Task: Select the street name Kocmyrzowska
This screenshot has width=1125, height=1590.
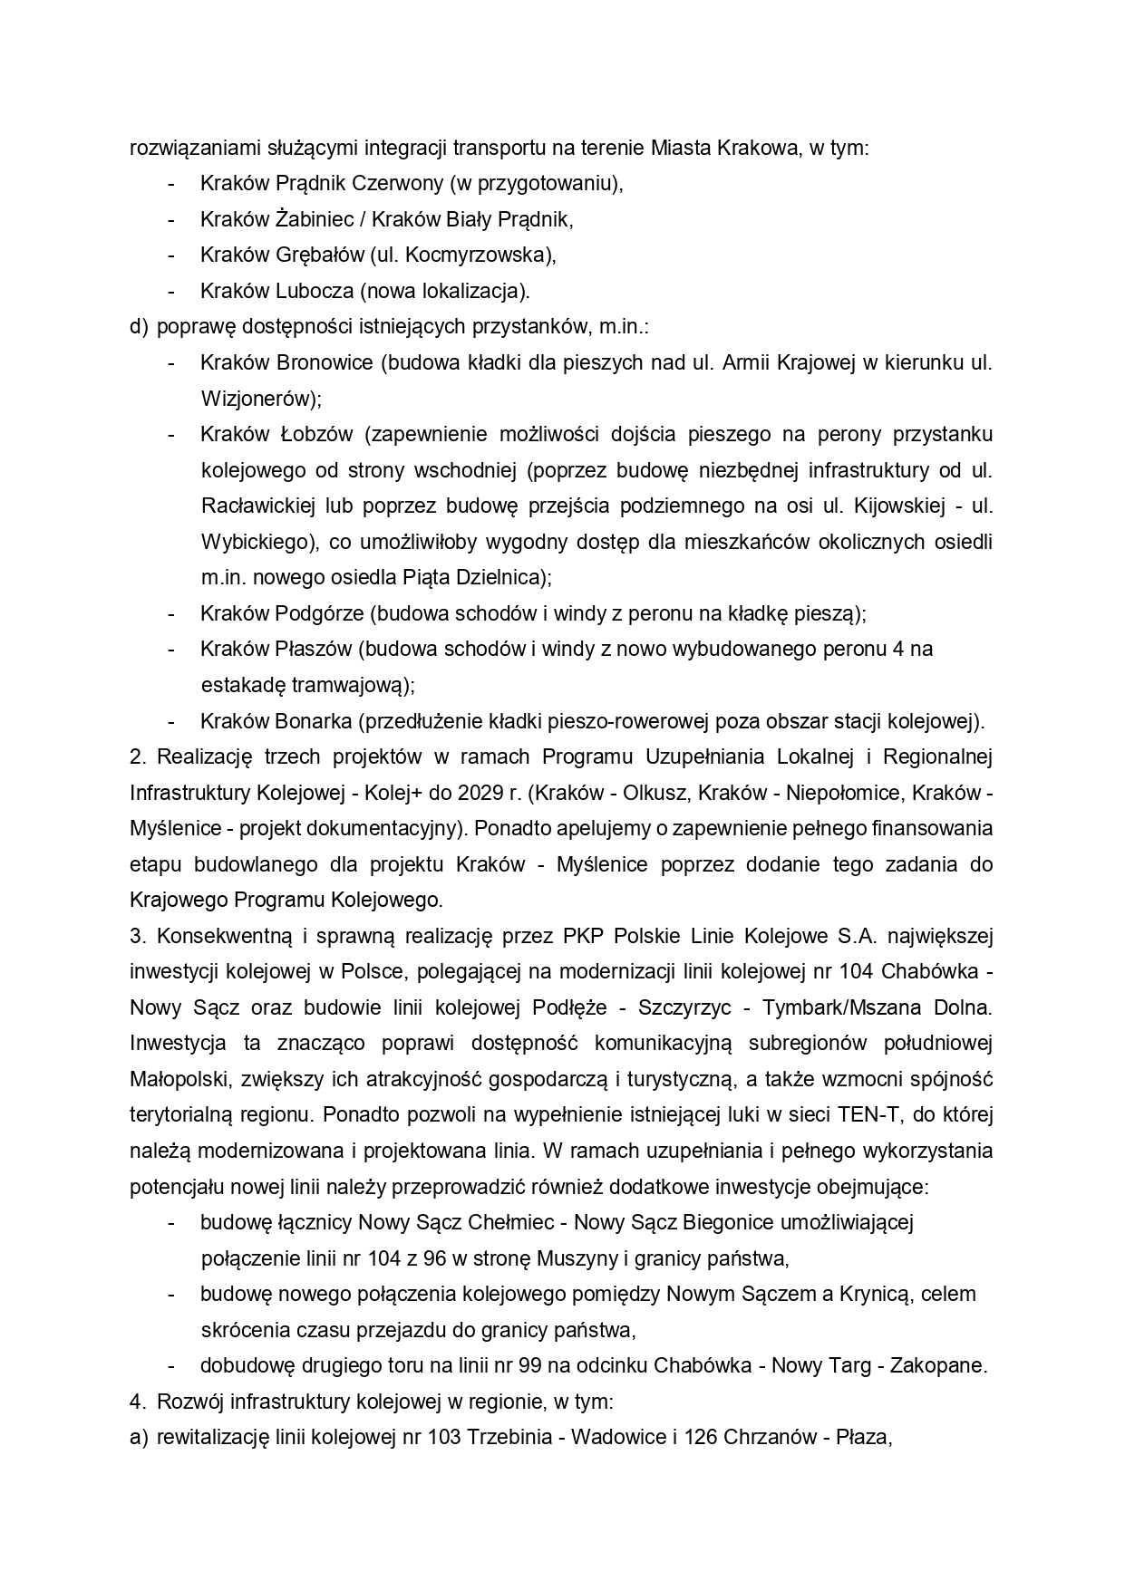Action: pyautogui.click(x=478, y=255)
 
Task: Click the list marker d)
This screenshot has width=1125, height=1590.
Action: pyautogui.click(x=139, y=326)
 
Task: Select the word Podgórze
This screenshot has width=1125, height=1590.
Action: pyautogui.click(x=317, y=613)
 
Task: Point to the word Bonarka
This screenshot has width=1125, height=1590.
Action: pyautogui.click(x=312, y=721)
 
